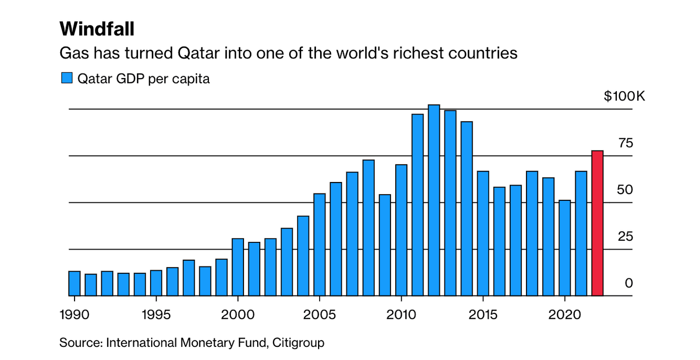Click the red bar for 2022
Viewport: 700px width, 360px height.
[x=598, y=223]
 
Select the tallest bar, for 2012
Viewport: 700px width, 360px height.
[x=434, y=200]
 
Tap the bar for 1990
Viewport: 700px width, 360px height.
[x=75, y=283]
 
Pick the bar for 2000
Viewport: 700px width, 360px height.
[x=238, y=267]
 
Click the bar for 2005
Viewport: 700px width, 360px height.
[x=320, y=244]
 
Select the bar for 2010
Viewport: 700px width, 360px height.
[x=401, y=230]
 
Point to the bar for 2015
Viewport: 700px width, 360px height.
[x=483, y=233]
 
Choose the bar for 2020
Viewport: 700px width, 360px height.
[x=565, y=248]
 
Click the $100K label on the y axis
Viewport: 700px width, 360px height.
[x=624, y=96]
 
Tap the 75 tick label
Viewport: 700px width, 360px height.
[x=626, y=143]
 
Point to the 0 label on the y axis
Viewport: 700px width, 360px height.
[x=629, y=283]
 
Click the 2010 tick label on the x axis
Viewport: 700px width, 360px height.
[x=401, y=315]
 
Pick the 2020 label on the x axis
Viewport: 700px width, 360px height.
[x=565, y=315]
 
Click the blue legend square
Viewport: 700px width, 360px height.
[x=67, y=78]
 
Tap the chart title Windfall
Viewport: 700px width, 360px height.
[x=97, y=29]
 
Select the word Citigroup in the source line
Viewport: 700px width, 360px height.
[x=298, y=343]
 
